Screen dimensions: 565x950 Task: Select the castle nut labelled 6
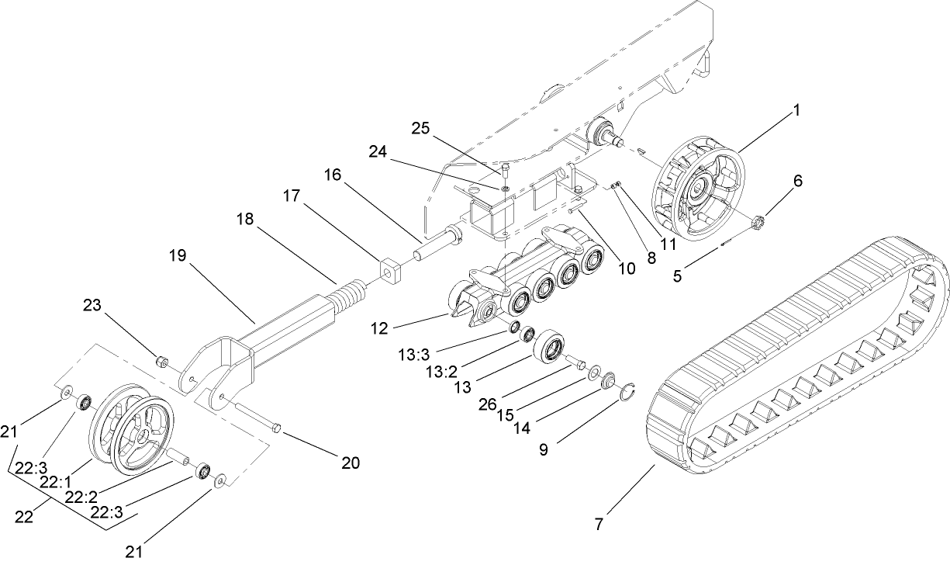(x=760, y=227)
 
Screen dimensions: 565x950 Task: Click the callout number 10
(x=625, y=269)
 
